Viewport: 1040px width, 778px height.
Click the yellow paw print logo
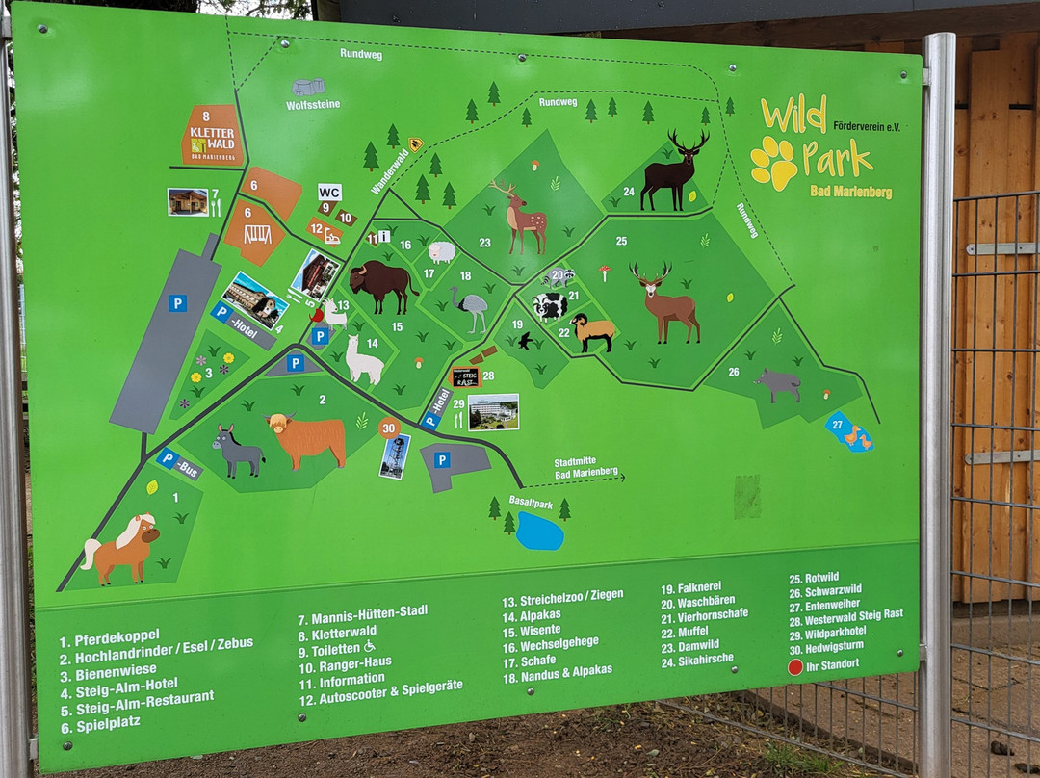click(x=774, y=162)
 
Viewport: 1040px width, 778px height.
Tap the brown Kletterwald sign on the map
click(x=211, y=135)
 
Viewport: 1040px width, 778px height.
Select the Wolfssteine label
click(x=313, y=104)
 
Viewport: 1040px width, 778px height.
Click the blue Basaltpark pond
click(x=539, y=532)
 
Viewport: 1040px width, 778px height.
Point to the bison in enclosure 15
click(x=381, y=286)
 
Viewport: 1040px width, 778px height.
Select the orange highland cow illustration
click(x=307, y=438)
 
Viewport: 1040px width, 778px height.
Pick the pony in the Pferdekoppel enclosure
click(x=121, y=549)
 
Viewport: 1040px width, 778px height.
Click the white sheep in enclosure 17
click(x=441, y=252)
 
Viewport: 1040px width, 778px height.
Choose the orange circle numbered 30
click(x=389, y=428)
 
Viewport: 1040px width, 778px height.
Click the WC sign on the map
click(x=330, y=192)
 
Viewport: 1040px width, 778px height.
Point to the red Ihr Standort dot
click(x=795, y=666)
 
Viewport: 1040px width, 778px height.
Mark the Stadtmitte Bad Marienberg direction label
click(x=585, y=468)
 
